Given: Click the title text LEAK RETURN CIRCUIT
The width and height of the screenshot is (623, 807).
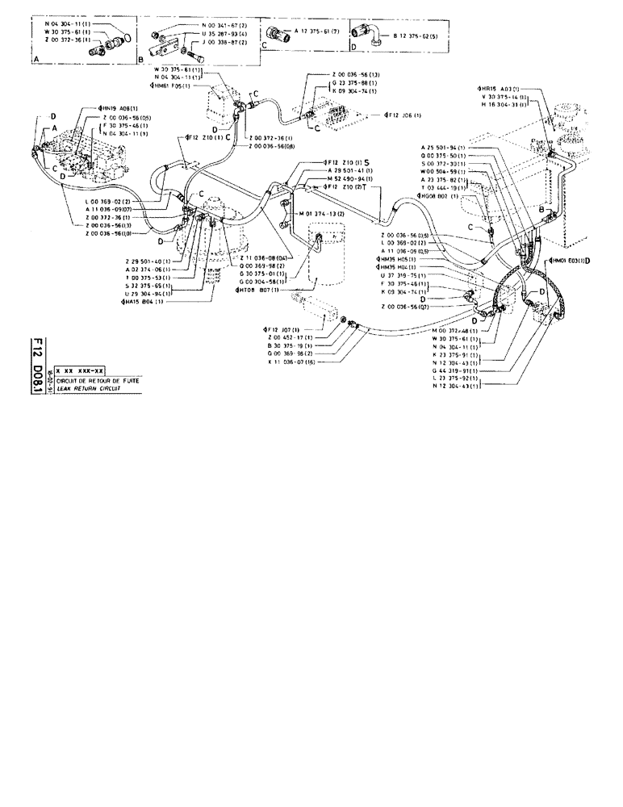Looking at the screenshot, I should pos(83,387).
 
